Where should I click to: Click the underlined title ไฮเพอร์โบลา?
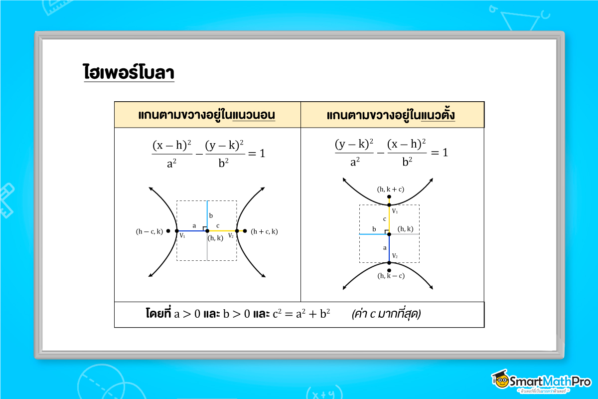coord(129,73)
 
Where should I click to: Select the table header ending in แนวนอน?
coord(207,115)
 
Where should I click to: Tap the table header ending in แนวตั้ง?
coord(391,115)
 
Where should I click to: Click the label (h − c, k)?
coord(149,231)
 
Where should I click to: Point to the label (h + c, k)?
coord(264,231)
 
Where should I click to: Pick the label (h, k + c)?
coord(389,190)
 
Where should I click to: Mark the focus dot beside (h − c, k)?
coord(168,231)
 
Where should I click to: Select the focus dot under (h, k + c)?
coord(389,197)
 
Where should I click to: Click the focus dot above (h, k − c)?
coord(389,270)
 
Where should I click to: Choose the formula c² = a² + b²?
coord(302,315)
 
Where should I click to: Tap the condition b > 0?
coord(237,315)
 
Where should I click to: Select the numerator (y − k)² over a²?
coord(354,145)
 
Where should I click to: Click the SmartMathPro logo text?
coord(551,382)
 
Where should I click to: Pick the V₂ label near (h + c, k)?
coord(231,235)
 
